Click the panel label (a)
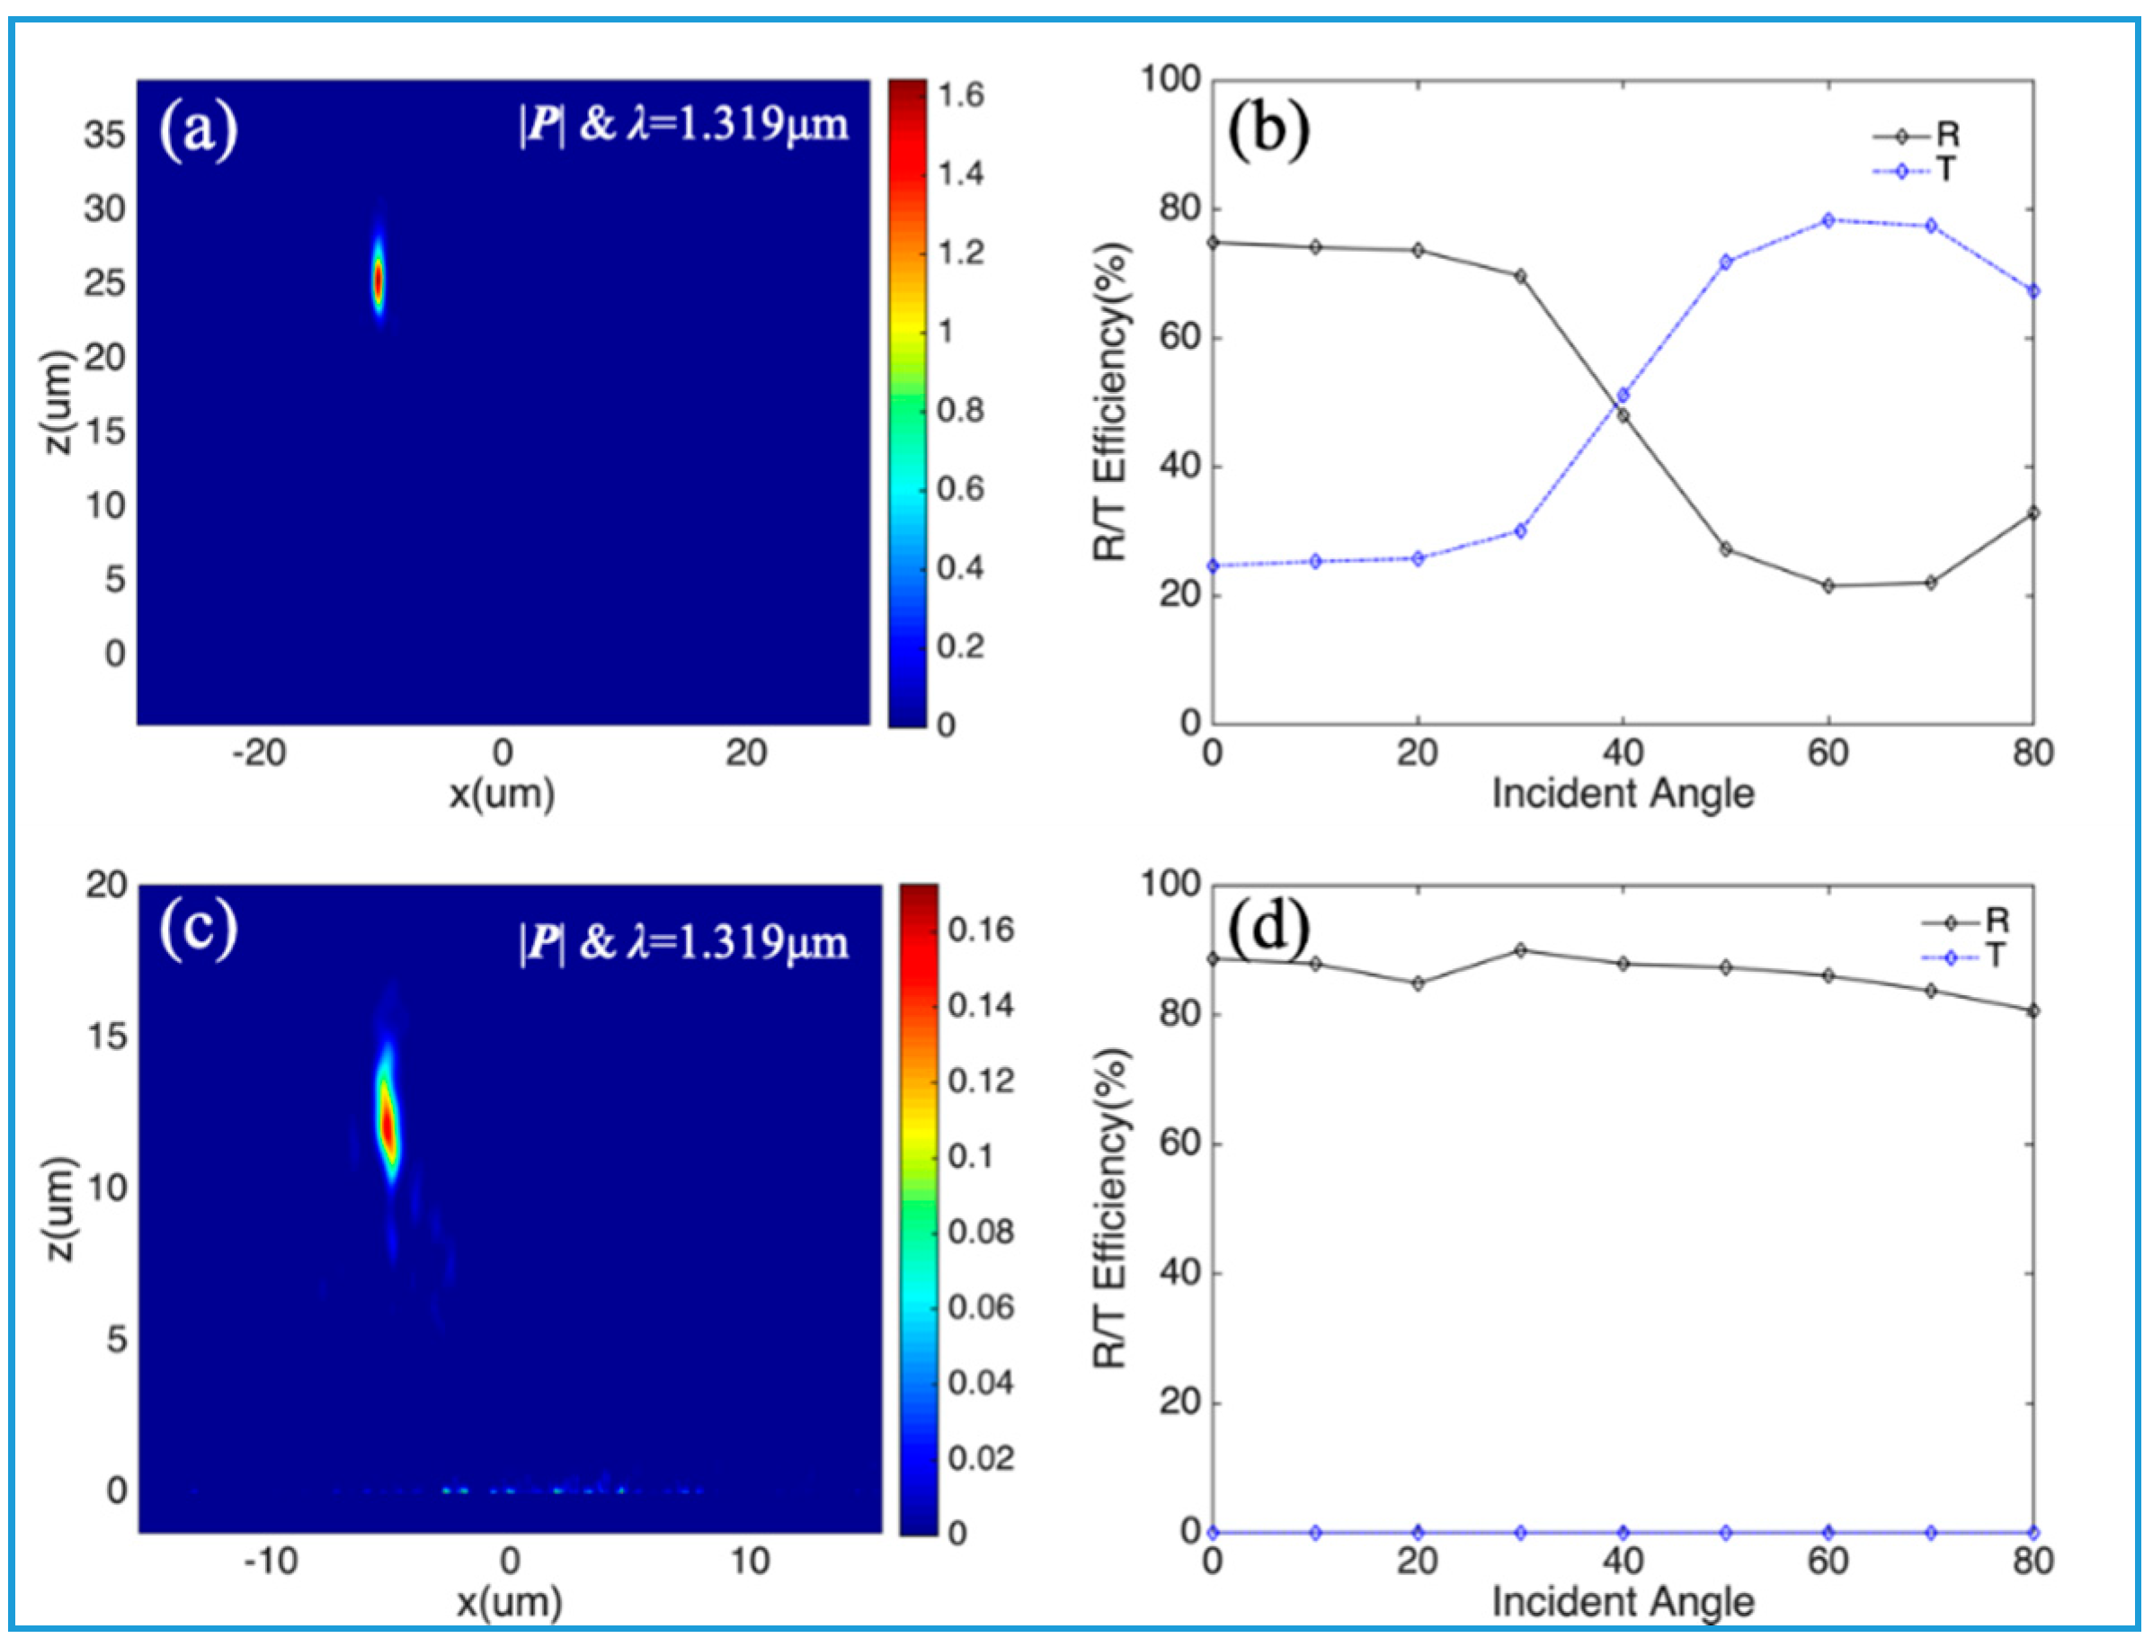198,130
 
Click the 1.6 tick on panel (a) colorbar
960,95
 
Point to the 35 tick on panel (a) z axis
104,134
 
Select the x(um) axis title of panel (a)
502,793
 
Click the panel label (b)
1268,130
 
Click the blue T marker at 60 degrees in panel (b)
1828,219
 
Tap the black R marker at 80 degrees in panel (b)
2033,512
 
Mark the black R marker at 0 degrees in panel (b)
1213,242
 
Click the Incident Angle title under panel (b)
1623,793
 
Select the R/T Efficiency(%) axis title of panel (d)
1111,1207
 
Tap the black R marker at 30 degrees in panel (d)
1519,949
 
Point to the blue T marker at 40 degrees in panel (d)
1623,1531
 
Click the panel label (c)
198,929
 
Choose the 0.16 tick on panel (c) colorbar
981,930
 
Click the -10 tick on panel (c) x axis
271,1561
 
